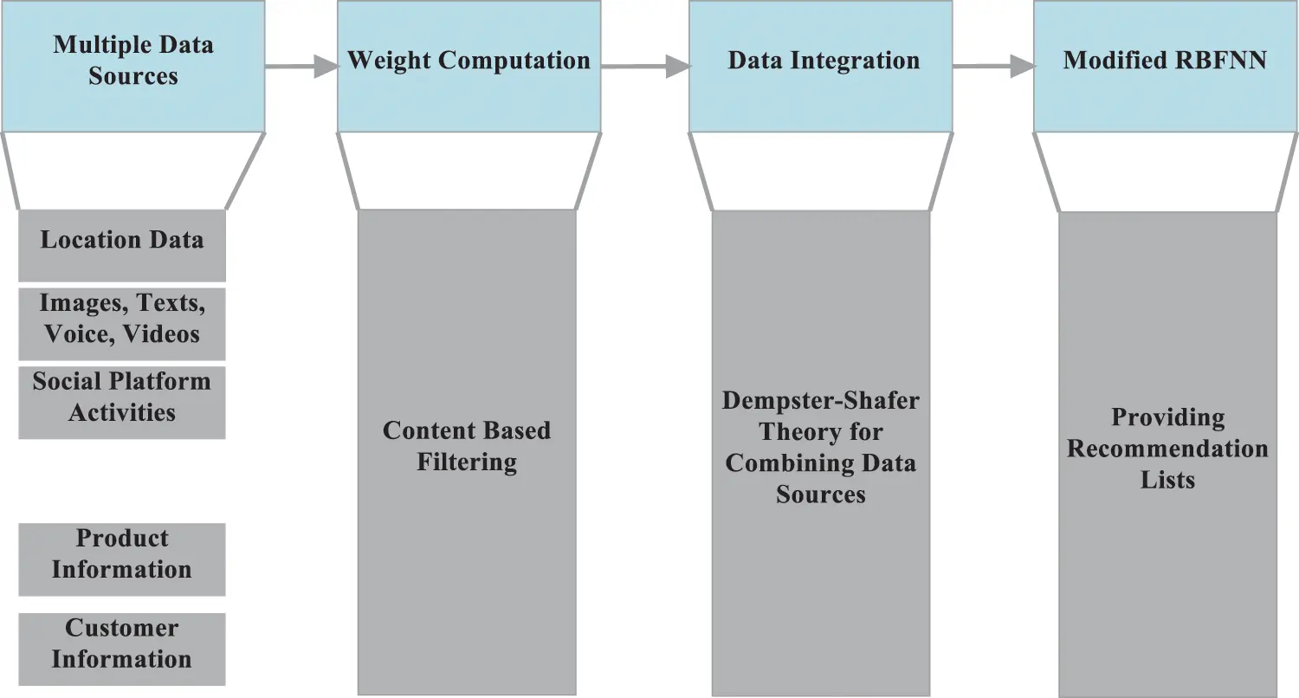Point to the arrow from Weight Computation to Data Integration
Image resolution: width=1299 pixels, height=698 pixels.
tap(645, 66)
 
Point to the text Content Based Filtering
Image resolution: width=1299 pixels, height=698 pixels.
tap(467, 446)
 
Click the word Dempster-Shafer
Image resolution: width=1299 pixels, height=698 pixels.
tap(820, 401)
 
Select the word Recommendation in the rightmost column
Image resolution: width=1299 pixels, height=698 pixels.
tap(1167, 449)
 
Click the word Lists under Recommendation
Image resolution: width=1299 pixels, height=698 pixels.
tap(1167, 480)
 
